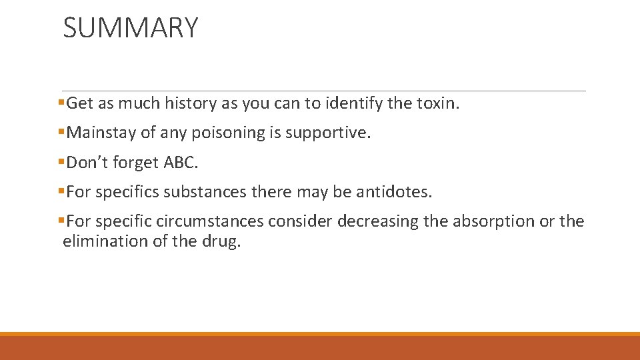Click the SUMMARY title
pos(131,28)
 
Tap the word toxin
pos(439,103)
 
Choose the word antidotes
pos(394,192)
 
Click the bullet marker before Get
pos(61,103)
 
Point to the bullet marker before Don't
pos(61,163)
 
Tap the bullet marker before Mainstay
pos(61,133)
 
